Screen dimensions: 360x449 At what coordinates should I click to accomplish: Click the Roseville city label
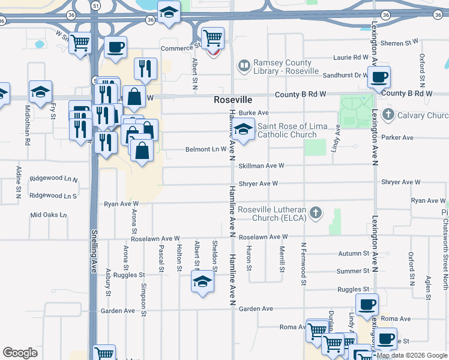click(x=233, y=100)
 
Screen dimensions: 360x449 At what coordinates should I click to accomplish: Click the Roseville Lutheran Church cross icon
click(x=316, y=213)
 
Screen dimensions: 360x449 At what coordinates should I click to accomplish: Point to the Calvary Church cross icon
click(x=388, y=115)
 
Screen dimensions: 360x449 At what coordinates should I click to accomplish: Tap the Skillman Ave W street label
click(x=261, y=166)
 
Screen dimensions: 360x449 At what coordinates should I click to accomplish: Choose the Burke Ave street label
click(x=253, y=113)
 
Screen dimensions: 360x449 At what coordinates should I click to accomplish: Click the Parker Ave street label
click(x=399, y=137)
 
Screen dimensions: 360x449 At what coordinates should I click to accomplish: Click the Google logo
click(x=20, y=352)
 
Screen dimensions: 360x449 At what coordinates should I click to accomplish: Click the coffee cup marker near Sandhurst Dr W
click(x=379, y=77)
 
